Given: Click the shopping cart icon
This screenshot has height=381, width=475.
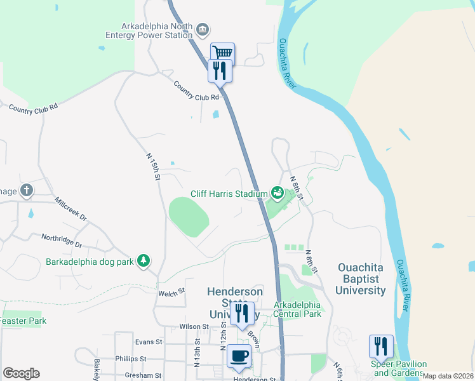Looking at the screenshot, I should click(223, 53).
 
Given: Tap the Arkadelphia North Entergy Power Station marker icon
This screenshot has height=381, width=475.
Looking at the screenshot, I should click(203, 29).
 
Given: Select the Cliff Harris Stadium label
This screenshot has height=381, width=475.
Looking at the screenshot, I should click(229, 194).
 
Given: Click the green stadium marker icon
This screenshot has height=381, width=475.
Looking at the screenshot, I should click(277, 191).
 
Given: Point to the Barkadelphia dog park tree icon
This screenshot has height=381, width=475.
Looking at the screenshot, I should click(144, 260).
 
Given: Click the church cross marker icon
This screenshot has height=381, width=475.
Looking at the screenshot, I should click(27, 190).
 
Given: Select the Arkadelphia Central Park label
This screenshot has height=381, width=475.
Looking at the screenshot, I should click(298, 309).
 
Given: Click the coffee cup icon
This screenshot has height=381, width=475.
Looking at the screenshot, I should click(239, 357).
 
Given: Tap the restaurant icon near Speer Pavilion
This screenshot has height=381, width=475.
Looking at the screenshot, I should click(381, 346).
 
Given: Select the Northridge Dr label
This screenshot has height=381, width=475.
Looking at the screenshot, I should click(62, 241).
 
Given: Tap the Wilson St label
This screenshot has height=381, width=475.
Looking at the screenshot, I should click(194, 326).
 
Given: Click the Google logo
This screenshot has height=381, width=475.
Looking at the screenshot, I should click(21, 373).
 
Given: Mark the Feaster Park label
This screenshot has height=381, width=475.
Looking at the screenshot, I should click(23, 321).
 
